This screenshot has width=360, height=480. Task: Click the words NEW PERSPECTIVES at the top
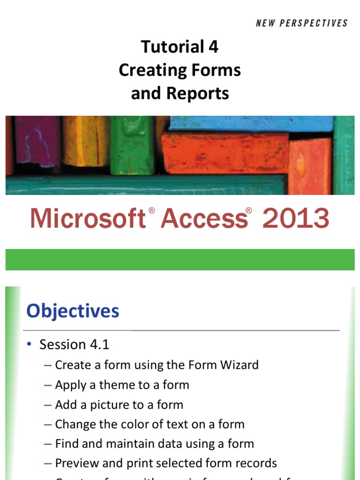pyautogui.click(x=302, y=23)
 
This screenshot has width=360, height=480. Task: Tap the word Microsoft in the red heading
pyautogui.click(x=87, y=219)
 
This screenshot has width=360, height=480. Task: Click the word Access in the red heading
pyautogui.click(x=204, y=219)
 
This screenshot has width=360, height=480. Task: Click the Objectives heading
pyautogui.click(x=73, y=311)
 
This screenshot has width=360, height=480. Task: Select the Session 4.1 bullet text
pyautogui.click(x=74, y=345)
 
